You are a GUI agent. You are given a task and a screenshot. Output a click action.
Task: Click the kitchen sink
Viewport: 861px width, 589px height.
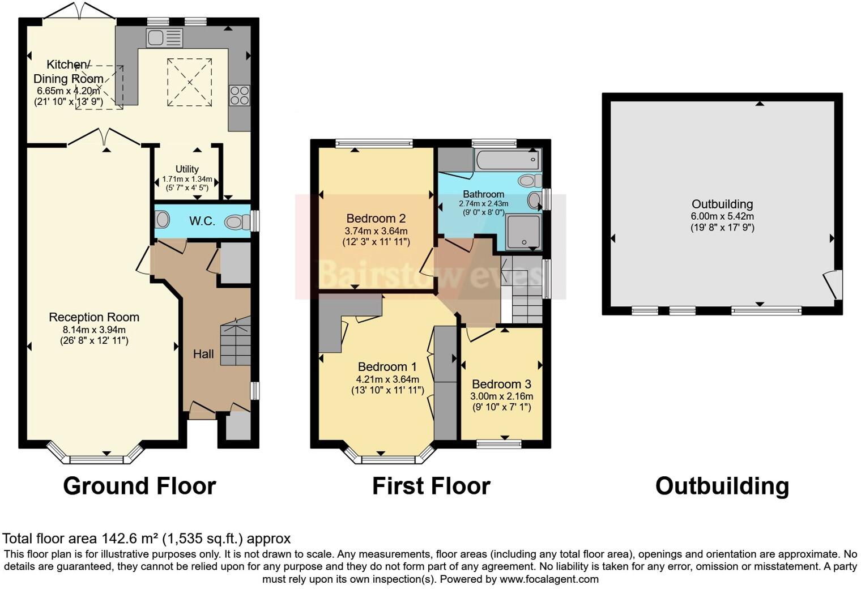tap(164, 38)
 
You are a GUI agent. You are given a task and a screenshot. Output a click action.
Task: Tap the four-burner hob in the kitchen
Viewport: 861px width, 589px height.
tap(240, 95)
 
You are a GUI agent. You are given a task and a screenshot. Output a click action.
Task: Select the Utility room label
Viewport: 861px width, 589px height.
tap(187, 169)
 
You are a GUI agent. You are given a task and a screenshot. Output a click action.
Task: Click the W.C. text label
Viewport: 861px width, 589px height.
tap(202, 221)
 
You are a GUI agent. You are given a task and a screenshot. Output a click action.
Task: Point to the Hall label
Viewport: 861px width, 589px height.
tap(203, 354)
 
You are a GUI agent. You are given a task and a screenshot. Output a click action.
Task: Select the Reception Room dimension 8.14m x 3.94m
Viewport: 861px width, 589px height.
tap(94, 330)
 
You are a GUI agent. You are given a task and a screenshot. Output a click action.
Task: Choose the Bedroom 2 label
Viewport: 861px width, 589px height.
tap(376, 219)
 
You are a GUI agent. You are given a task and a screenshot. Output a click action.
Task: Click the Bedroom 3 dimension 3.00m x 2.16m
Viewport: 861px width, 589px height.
tap(501, 396)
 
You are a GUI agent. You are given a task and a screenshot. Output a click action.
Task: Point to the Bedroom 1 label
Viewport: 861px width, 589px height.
tap(387, 366)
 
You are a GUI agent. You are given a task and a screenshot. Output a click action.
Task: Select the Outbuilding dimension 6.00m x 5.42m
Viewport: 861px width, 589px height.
tap(722, 216)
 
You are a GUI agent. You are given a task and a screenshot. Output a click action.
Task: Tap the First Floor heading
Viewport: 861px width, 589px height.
tap(430, 486)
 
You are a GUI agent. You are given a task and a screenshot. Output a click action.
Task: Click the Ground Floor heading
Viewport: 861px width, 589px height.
tap(139, 486)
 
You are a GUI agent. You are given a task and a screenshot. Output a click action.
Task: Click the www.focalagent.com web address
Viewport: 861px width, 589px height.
tap(548, 579)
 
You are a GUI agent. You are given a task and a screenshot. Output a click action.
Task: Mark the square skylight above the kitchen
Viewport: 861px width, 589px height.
tap(189, 82)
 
